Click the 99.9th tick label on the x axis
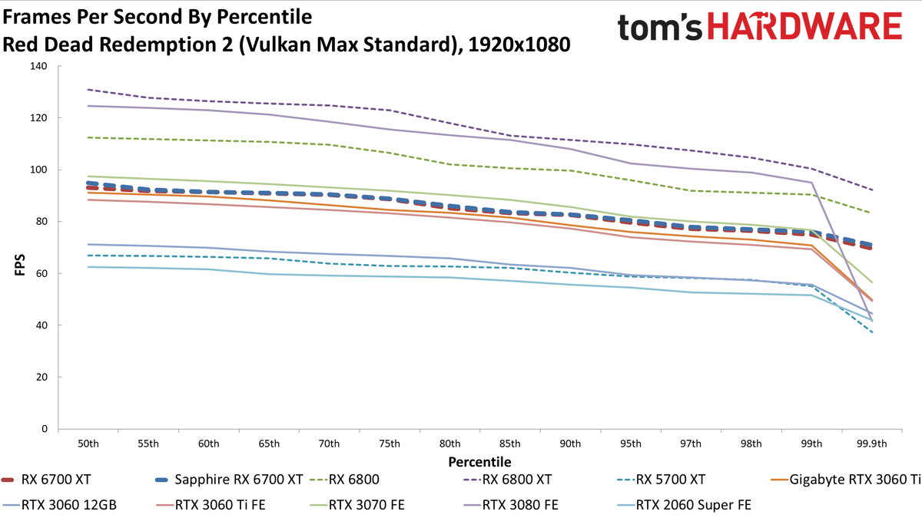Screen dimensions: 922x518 click(872, 444)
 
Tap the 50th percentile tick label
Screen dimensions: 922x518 click(88, 444)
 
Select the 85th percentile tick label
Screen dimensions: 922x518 click(510, 444)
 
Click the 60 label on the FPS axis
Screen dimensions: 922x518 click(41, 273)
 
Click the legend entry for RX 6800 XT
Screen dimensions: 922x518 click(507, 480)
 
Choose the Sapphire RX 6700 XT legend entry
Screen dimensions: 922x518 click(229, 480)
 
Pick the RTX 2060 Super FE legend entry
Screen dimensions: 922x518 click(684, 505)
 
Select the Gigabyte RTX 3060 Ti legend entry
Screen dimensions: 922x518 click(845, 480)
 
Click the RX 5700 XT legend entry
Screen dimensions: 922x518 click(661, 480)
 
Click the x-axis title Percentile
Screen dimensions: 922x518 click(479, 462)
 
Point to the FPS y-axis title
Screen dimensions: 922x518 click(20, 265)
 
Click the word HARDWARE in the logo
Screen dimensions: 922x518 click(804, 26)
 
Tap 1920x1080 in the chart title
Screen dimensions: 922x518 click(519, 45)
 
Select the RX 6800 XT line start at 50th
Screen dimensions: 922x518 click(88, 89)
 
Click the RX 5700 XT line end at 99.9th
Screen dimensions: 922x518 click(872, 332)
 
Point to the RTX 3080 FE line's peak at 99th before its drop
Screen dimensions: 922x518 click(811, 182)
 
